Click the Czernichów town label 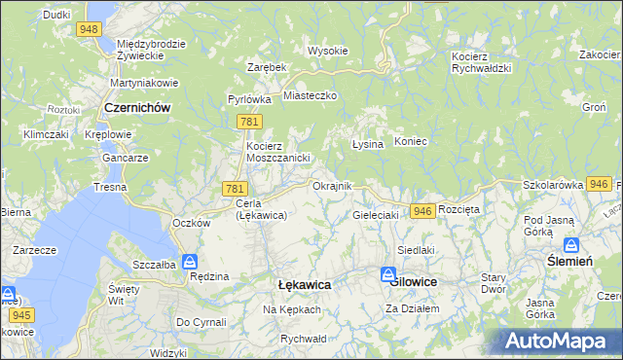click(137, 108)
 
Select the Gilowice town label click(414, 280)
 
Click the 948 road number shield click(91, 29)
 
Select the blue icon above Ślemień click(570, 245)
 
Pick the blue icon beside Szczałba click(191, 261)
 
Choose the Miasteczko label click(310, 95)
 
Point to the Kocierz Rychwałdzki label click(483, 62)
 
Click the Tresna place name click(111, 186)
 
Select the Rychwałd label click(302, 338)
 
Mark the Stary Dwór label click(494, 283)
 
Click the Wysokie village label click(327, 51)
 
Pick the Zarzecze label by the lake click(33, 250)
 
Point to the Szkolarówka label click(552, 184)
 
